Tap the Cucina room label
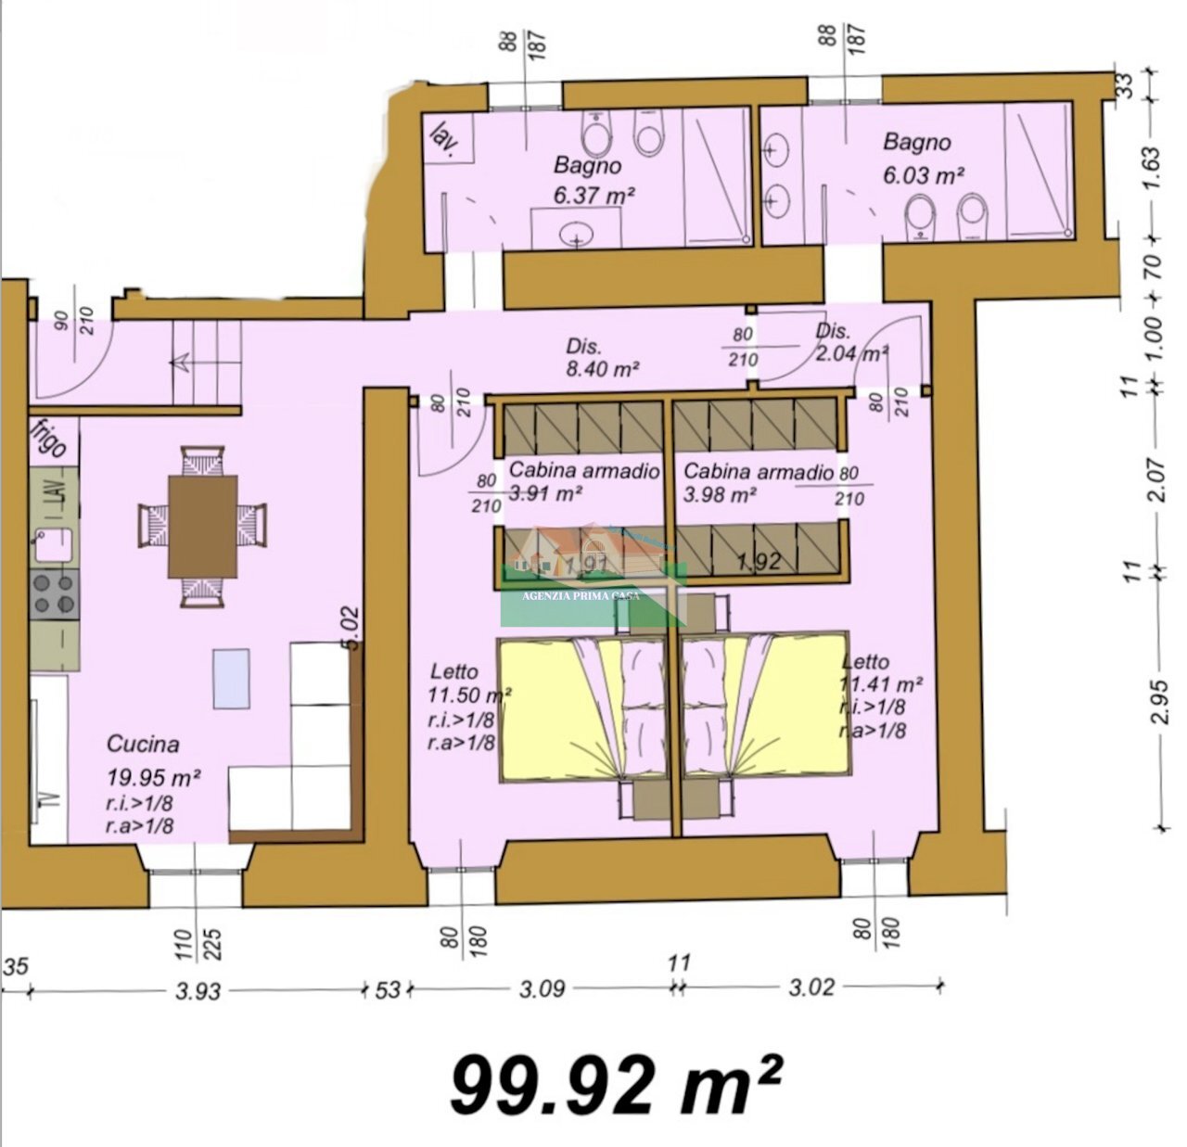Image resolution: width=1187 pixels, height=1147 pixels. pyautogui.click(x=143, y=744)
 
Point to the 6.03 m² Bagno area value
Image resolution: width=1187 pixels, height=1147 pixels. pyautogui.click(x=925, y=174)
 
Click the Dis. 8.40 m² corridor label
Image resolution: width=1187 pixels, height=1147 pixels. pyautogui.click(x=602, y=358)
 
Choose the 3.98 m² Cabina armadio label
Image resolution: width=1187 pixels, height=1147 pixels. pyautogui.click(x=759, y=483)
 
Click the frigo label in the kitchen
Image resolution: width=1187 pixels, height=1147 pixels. pyautogui.click(x=47, y=439)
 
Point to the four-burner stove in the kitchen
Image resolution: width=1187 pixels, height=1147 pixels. pyautogui.click(x=54, y=594)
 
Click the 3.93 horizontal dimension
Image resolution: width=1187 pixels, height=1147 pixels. pyautogui.click(x=198, y=991)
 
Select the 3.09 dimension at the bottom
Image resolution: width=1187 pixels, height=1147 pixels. pyautogui.click(x=542, y=988)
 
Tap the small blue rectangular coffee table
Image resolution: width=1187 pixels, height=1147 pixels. pyautogui.click(x=231, y=678)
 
